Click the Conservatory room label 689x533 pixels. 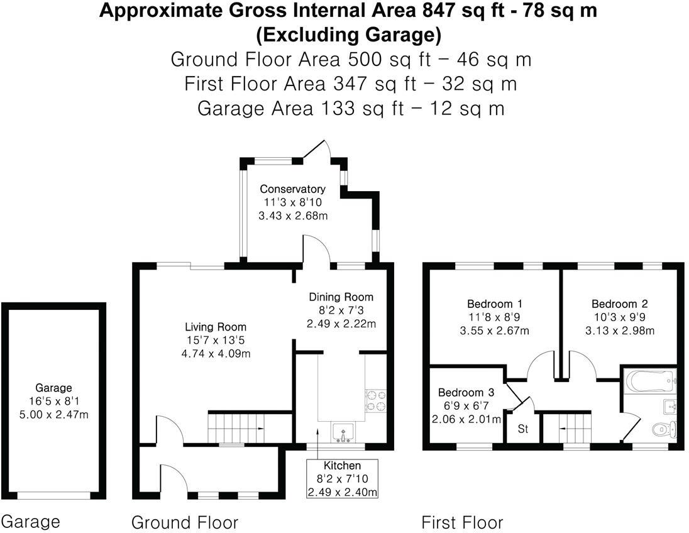click(x=292, y=189)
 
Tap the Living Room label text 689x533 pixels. click(x=215, y=327)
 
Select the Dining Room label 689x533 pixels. click(x=341, y=297)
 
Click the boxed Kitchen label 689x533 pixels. click(x=342, y=466)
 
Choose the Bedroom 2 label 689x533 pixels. click(x=619, y=304)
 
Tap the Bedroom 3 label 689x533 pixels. click(x=466, y=390)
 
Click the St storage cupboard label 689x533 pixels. click(x=522, y=431)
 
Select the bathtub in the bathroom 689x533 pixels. click(x=650, y=381)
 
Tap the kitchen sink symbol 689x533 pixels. click(x=343, y=432)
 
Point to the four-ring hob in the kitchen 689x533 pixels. click(x=375, y=401)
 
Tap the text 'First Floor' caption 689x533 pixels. click(x=462, y=522)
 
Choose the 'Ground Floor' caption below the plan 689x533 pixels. click(x=184, y=522)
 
